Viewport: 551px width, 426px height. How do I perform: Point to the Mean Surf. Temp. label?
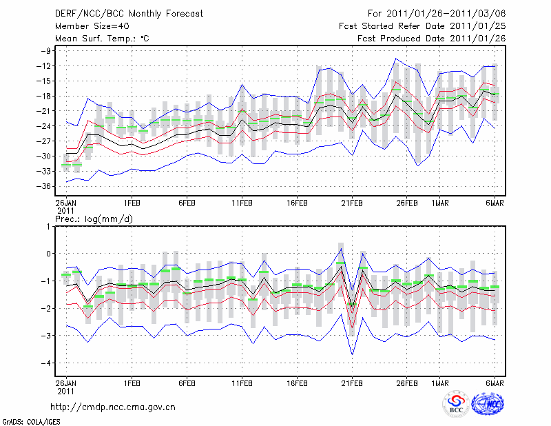[102, 39]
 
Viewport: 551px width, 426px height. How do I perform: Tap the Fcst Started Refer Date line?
[423, 26]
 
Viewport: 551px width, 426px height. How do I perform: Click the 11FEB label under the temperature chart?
[242, 203]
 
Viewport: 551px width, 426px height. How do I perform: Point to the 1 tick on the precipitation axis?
[50, 226]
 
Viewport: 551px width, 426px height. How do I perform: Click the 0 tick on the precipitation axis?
[50, 254]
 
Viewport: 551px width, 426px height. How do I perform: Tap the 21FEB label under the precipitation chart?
[352, 381]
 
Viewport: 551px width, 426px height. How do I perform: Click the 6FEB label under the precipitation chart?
[187, 381]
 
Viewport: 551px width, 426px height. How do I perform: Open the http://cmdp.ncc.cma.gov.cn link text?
[113, 407]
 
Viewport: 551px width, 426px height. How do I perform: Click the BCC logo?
[456, 405]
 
